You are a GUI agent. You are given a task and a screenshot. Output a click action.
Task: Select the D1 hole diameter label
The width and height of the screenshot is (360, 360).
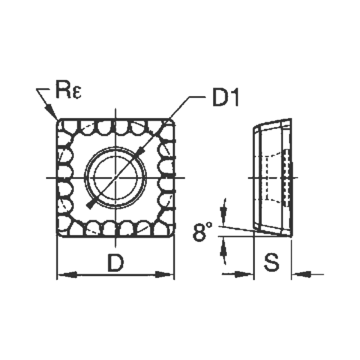[x=226, y=98]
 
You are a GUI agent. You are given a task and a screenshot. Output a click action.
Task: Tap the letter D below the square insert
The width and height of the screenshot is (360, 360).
[x=115, y=262]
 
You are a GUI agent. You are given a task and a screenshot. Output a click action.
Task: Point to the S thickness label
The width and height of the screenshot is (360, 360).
[x=272, y=262]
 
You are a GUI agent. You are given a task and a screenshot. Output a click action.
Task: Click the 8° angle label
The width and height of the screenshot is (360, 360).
[x=203, y=231]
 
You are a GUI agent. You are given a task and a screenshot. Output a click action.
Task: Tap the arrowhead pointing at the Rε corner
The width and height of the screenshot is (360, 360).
[x=52, y=112]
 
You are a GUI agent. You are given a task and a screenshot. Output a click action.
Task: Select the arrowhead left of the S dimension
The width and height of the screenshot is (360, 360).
[x=244, y=274]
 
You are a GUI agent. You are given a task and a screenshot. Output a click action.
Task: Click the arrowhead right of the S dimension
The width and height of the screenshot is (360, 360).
[x=301, y=274]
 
